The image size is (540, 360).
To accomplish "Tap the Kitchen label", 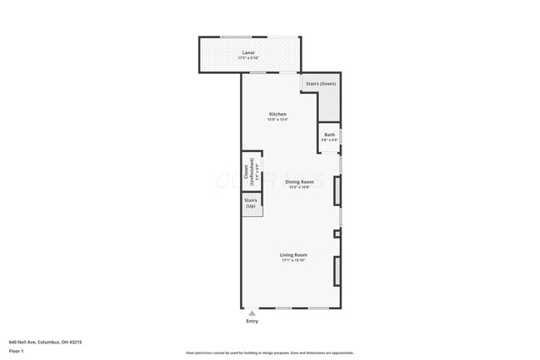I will [277, 114].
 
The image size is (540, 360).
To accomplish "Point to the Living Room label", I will [293, 254].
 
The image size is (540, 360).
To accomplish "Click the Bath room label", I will [330, 135].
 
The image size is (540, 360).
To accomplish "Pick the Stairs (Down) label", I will [322, 84].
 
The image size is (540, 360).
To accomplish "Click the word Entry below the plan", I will [253, 321].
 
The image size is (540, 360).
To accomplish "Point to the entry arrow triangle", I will [253, 312].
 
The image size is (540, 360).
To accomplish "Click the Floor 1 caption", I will [17, 352].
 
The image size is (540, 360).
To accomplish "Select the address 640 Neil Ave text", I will [46, 342].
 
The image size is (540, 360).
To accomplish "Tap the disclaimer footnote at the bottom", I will [269, 353].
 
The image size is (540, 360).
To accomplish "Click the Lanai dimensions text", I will [248, 58].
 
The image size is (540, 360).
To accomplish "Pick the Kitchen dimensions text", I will [277, 119].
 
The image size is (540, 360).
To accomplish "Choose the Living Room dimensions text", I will [293, 260].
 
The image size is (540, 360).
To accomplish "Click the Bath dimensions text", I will [330, 140].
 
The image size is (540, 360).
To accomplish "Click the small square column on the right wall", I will [336, 234].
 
